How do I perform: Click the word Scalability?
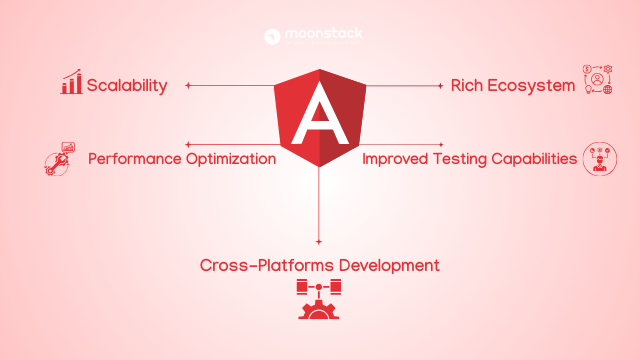click(126, 85)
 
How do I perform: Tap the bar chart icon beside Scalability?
click(71, 83)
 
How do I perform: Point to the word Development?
click(389, 265)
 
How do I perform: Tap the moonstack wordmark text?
click(323, 35)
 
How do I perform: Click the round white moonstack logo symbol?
click(272, 37)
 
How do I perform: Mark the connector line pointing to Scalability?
click(230, 85)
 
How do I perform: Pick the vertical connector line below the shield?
click(319, 205)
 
